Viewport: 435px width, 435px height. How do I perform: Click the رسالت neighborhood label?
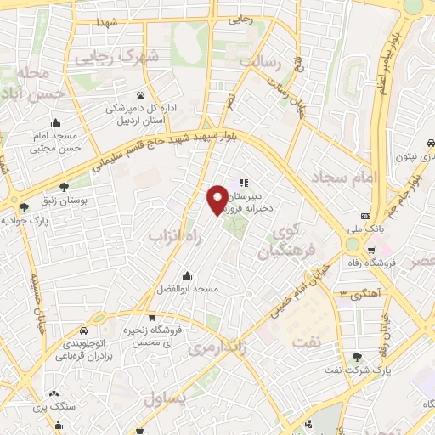(259, 62)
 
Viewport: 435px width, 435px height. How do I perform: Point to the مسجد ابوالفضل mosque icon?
(187, 275)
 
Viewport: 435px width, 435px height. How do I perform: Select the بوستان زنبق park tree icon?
(65, 187)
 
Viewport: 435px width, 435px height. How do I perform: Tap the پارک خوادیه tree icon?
(24, 206)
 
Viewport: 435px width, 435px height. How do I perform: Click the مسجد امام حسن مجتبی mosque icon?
(55, 121)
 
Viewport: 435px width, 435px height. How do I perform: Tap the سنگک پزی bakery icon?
(54, 393)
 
